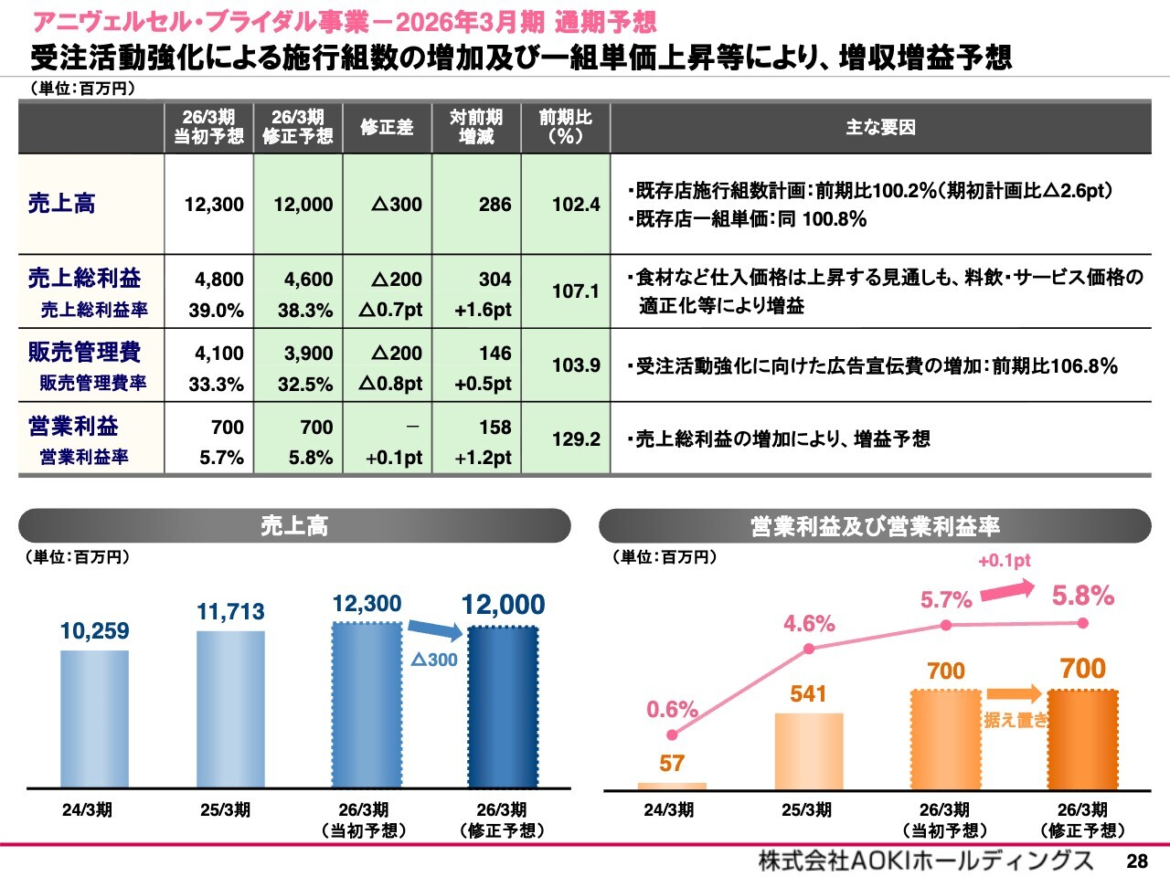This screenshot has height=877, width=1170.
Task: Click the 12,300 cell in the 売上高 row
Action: (x=214, y=205)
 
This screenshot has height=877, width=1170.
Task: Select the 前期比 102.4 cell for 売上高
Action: (x=575, y=205)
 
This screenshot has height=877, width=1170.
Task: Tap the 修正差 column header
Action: (x=387, y=127)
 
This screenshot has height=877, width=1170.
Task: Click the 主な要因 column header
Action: (x=880, y=127)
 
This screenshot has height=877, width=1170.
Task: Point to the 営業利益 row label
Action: (x=73, y=427)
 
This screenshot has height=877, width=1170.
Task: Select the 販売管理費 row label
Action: (x=84, y=353)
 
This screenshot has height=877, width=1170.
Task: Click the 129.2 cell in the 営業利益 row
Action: (x=575, y=439)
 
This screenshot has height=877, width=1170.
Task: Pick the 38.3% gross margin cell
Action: (x=305, y=311)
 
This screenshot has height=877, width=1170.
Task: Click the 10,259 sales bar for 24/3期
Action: (x=94, y=718)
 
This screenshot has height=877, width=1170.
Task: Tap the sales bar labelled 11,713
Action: (x=230, y=709)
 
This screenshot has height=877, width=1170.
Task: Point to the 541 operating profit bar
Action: (x=808, y=750)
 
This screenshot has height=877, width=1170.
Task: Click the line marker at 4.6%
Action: (x=809, y=650)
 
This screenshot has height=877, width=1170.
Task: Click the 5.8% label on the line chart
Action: (x=1082, y=597)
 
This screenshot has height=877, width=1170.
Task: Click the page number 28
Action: (x=1137, y=861)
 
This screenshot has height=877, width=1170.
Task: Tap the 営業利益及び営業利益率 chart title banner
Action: (x=875, y=526)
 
